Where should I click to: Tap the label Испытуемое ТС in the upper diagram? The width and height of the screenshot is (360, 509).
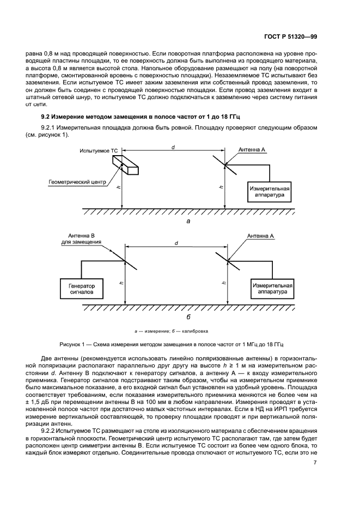(98, 149)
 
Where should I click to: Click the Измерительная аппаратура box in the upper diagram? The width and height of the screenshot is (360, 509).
(271, 191)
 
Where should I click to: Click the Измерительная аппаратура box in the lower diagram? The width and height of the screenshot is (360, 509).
(271, 287)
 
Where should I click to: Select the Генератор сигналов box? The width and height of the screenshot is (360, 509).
(82, 288)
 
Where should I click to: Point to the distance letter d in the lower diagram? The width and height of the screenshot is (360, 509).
(176, 243)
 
